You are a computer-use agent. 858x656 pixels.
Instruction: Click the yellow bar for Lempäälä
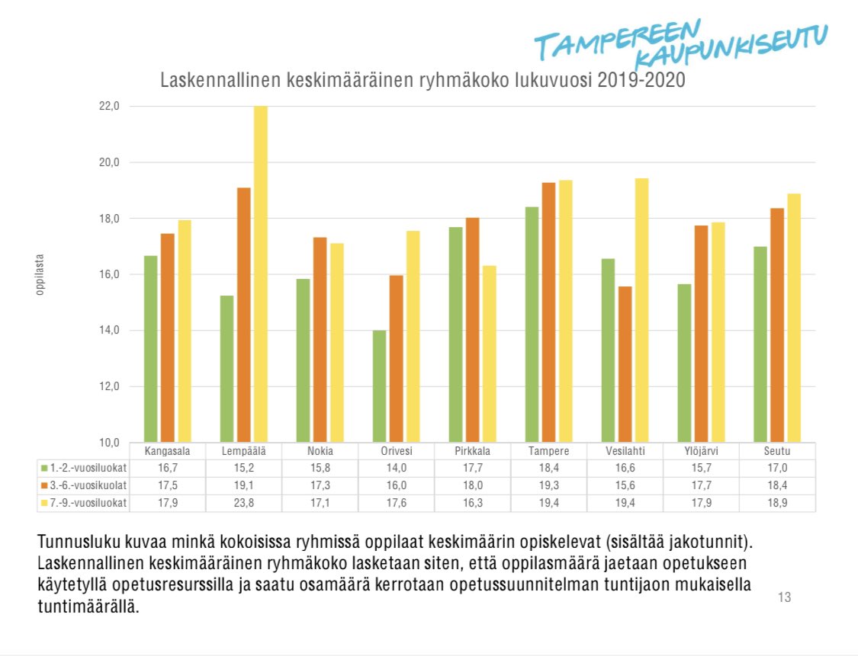261,274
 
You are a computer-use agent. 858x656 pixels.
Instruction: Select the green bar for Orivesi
379,386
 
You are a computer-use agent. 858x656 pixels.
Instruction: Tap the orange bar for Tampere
548,312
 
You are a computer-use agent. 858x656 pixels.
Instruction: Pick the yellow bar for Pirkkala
490,354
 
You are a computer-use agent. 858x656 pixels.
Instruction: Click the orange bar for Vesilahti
625,364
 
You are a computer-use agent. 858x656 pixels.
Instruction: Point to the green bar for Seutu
760,344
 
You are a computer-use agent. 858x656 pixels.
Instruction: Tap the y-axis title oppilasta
40,274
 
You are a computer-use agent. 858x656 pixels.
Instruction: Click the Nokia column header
320,451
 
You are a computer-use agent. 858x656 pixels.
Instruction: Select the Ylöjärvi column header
701,451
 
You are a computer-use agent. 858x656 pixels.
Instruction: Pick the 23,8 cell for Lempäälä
243,503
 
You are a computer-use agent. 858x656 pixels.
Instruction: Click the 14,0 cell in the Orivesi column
396,469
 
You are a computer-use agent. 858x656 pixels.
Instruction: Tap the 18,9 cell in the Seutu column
777,503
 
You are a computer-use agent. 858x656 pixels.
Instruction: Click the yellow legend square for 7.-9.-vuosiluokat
44,503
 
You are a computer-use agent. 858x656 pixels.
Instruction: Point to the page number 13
784,597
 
